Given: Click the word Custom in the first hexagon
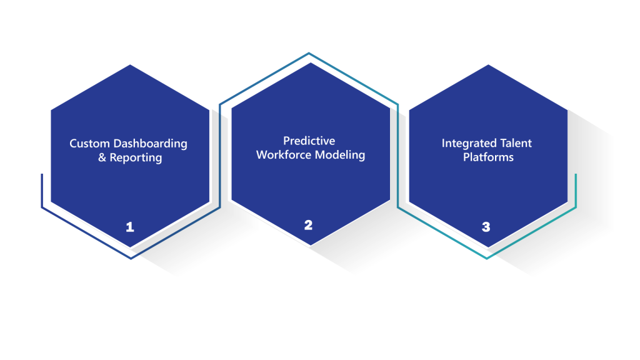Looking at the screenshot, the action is click(90, 144).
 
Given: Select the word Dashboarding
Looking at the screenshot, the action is click(150, 144).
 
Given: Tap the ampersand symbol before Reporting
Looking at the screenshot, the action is click(102, 157).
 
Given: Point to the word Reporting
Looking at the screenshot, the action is click(136, 158).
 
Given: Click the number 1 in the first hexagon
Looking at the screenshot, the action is click(130, 227).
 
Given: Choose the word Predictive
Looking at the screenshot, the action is click(309, 141).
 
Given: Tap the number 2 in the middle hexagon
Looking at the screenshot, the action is click(308, 225).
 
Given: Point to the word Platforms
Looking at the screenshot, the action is click(488, 157).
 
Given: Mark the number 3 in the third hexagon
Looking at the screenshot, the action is click(486, 227).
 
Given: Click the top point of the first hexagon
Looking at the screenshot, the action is click(130, 64).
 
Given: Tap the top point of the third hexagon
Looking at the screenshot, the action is click(488, 64).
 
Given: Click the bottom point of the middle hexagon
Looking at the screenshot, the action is click(311, 245).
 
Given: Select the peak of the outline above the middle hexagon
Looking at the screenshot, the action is click(309, 53).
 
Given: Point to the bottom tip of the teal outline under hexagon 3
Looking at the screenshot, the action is click(486, 258).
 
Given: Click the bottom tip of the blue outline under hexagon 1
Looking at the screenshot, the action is click(131, 258).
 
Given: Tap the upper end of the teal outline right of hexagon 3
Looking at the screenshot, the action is click(576, 175).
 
